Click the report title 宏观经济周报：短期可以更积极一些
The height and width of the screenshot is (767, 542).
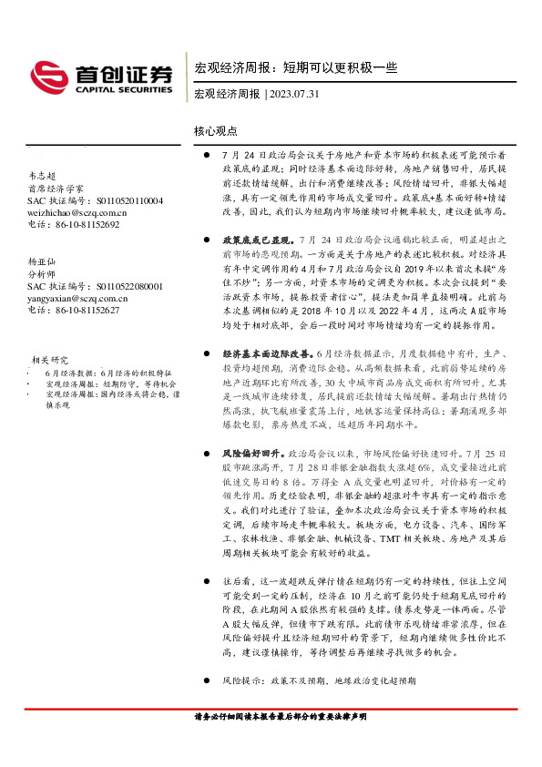click(x=296, y=67)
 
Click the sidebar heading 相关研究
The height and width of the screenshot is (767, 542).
click(x=52, y=360)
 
